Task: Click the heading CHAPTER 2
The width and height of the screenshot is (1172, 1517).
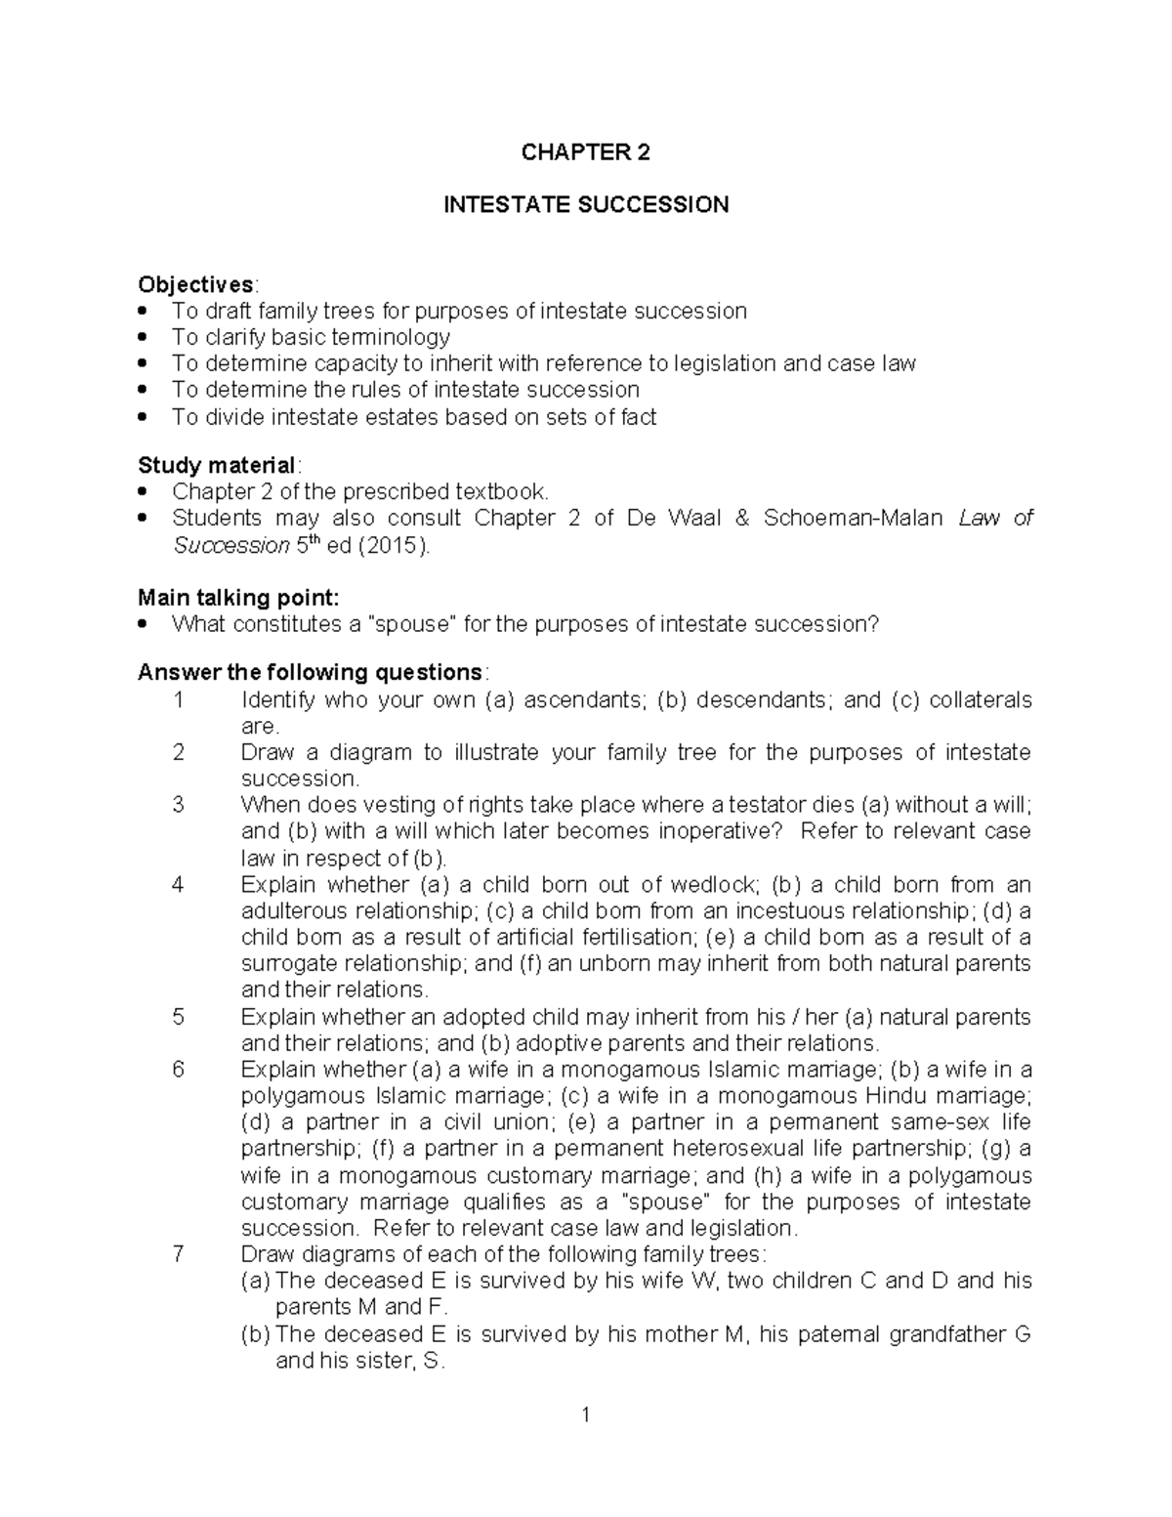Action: click(x=585, y=152)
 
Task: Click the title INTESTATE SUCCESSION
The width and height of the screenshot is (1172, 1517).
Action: click(x=586, y=205)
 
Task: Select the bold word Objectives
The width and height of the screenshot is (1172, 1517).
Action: click(x=195, y=284)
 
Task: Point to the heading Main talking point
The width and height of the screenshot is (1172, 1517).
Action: click(x=238, y=598)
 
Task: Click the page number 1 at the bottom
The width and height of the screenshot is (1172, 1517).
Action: click(x=585, y=1413)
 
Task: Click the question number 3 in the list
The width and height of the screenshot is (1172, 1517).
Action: click(x=178, y=805)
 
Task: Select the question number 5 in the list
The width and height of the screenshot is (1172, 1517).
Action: click(x=178, y=1017)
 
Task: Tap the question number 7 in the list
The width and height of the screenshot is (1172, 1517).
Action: click(x=178, y=1254)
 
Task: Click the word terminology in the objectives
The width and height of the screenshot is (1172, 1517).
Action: click(x=391, y=338)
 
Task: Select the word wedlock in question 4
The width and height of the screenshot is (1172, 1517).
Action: click(x=713, y=885)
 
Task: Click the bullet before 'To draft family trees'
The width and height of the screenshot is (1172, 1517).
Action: click(x=145, y=312)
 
